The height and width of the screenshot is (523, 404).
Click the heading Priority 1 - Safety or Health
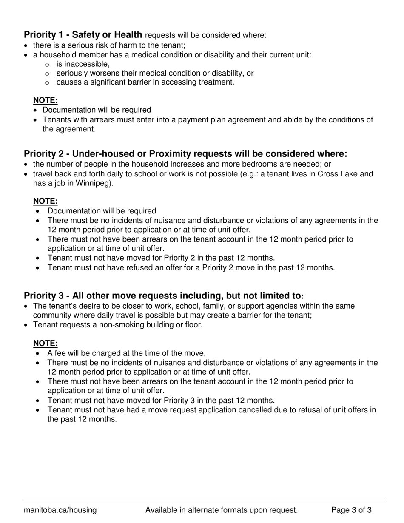(83, 35)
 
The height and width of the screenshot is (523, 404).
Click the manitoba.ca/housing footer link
(60, 510)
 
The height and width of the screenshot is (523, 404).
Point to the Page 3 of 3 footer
(351, 510)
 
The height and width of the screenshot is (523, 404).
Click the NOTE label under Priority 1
(46, 100)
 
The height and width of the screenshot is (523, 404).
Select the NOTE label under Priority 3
(46, 344)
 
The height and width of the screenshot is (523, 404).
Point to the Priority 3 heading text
(164, 296)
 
